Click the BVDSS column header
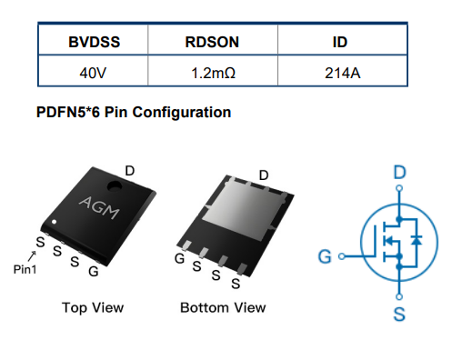click(x=94, y=42)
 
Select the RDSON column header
click(x=212, y=42)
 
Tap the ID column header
click(x=340, y=42)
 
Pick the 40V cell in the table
click(x=93, y=73)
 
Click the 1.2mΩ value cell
click(x=213, y=73)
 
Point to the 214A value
click(x=343, y=73)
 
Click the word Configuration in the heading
click(x=182, y=113)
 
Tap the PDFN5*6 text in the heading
click(x=68, y=112)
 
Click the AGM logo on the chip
click(x=99, y=207)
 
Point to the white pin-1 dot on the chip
click(x=54, y=222)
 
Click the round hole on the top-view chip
click(x=115, y=186)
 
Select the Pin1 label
click(x=25, y=269)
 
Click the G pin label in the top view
click(x=94, y=272)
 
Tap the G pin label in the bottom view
click(x=179, y=258)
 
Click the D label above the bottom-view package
click(x=264, y=175)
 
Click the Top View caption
click(x=93, y=308)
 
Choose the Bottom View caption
click(x=223, y=308)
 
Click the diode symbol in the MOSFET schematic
click(x=417, y=240)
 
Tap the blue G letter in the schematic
click(x=325, y=256)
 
